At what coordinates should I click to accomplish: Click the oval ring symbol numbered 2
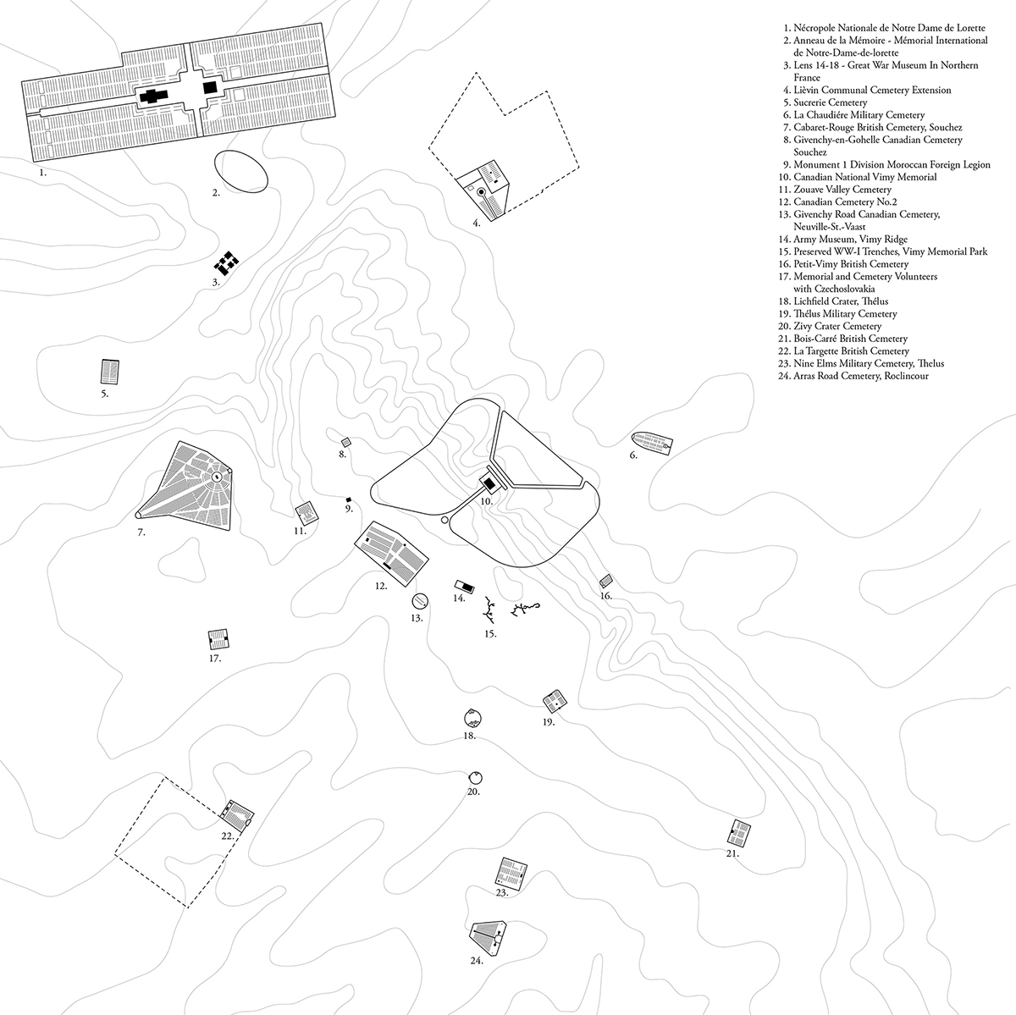pyautogui.click(x=240, y=172)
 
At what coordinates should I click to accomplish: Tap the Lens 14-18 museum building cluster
pyautogui.click(x=226, y=262)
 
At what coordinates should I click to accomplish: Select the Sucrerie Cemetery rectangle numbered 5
pyautogui.click(x=109, y=371)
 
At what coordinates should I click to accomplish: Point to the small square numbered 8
pyautogui.click(x=345, y=442)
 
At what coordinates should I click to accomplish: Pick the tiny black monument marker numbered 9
pyautogui.click(x=348, y=499)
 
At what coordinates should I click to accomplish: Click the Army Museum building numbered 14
pyautogui.click(x=464, y=586)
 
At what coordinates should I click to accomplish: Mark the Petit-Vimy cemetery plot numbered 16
pyautogui.click(x=606, y=581)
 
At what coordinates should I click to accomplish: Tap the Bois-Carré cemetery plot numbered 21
pyautogui.click(x=739, y=833)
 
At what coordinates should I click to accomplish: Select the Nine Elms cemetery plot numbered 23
pyautogui.click(x=511, y=871)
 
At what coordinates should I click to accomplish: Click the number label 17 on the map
pyautogui.click(x=215, y=658)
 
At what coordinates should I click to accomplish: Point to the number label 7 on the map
pyautogui.click(x=141, y=532)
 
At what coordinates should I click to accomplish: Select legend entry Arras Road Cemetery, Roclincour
pyautogui.click(x=855, y=376)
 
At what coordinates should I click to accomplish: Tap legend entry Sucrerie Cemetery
pyautogui.click(x=831, y=102)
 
